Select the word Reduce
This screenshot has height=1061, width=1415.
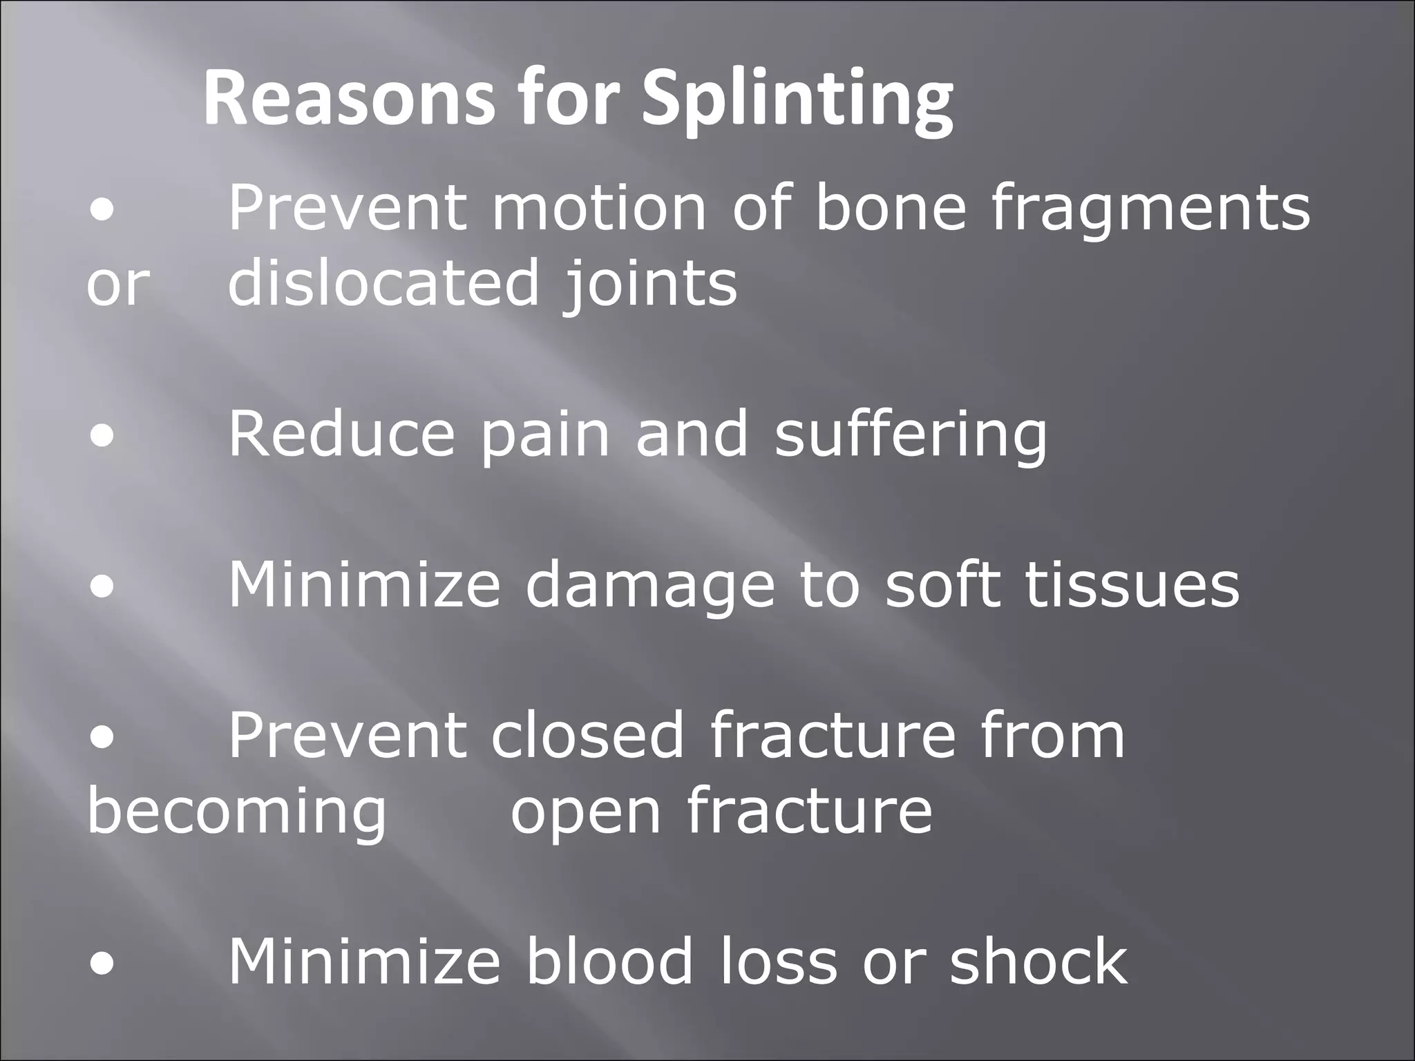tap(341, 433)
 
